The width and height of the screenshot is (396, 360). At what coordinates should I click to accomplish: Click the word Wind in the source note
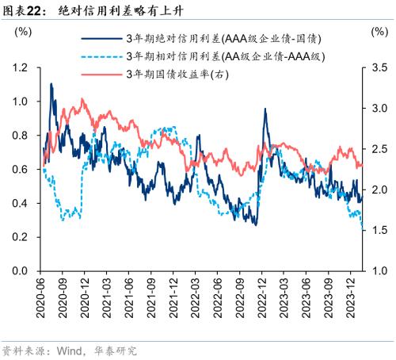tap(71, 350)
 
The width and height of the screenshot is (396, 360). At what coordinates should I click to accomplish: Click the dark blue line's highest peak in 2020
tap(51, 83)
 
